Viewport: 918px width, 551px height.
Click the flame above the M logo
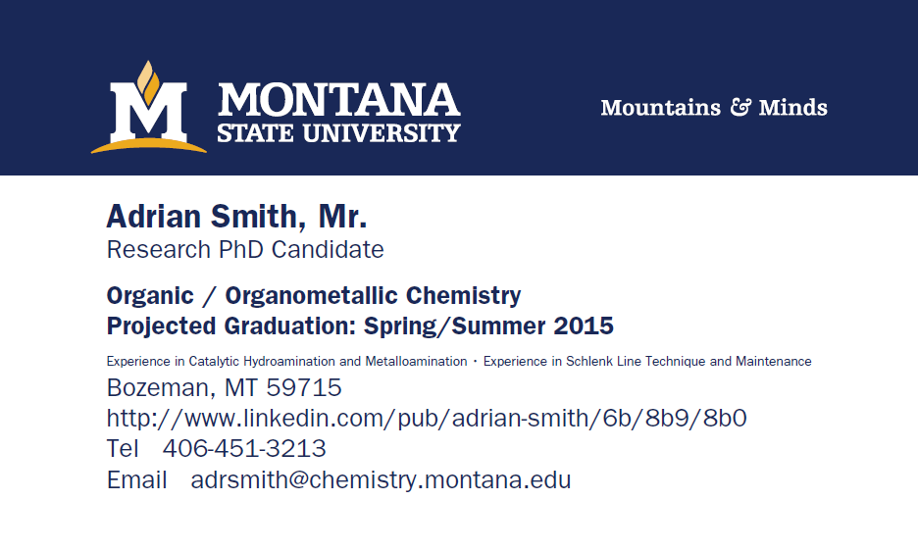pyautogui.click(x=148, y=81)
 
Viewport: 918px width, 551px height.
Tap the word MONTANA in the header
pyautogui.click(x=339, y=100)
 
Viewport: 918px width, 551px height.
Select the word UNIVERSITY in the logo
pyautogui.click(x=381, y=133)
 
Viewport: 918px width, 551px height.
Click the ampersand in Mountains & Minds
pyautogui.click(x=740, y=107)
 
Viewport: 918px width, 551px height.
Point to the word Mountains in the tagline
pyautogui.click(x=660, y=108)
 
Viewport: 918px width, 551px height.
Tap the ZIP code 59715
pyautogui.click(x=304, y=387)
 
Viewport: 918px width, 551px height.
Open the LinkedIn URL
pyautogui.click(x=427, y=418)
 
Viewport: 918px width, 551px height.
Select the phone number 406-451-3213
pyautogui.click(x=244, y=448)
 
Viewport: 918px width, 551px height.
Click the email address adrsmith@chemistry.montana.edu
pyautogui.click(x=381, y=480)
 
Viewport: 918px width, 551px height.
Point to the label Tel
pyautogui.click(x=123, y=448)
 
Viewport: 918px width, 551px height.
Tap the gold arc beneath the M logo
pyautogui.click(x=149, y=145)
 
